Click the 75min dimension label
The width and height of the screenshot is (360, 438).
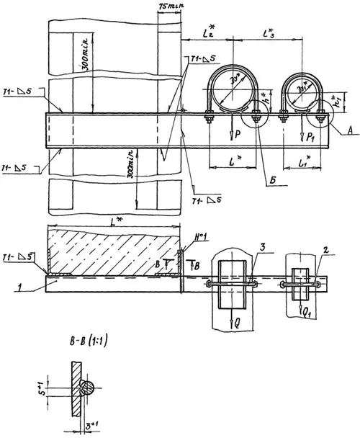[x=169, y=6]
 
